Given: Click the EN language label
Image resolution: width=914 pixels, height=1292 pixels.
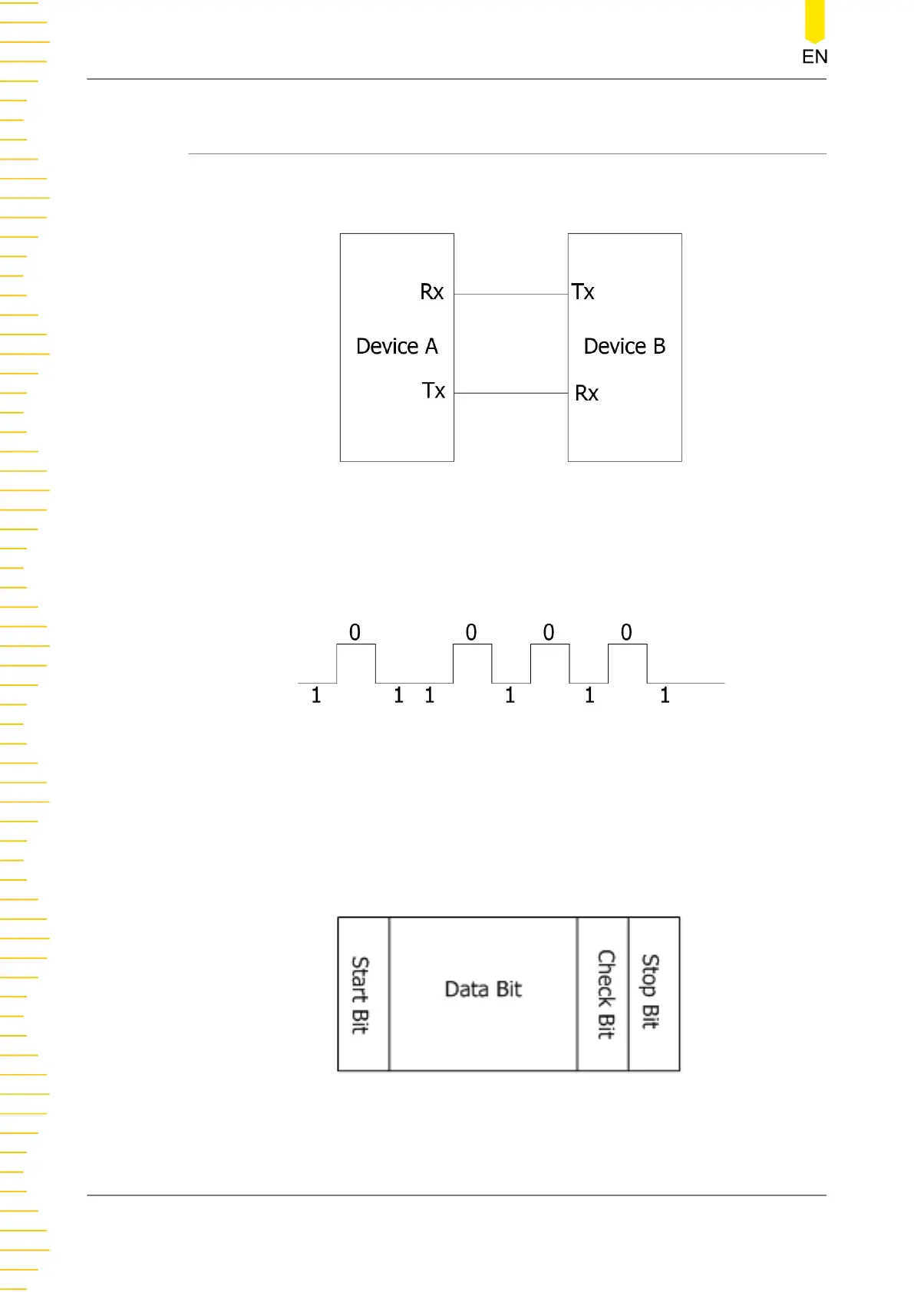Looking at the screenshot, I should tap(814, 57).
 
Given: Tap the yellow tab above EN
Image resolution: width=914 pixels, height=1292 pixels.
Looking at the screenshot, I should tap(814, 21).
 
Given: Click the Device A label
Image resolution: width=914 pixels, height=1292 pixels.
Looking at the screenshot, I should tap(397, 347).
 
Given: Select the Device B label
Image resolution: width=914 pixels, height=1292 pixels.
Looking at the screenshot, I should tap(624, 347).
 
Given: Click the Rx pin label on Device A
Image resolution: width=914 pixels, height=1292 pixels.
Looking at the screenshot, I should tap(432, 292).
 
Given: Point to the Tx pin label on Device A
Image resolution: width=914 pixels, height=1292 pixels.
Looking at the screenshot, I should tap(434, 391).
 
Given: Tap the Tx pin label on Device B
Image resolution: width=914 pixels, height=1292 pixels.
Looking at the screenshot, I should tap(583, 292).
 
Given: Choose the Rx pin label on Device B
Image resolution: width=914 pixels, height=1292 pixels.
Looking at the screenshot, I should tap(586, 394).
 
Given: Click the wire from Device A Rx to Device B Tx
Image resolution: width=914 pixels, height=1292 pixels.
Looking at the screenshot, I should tap(510, 294).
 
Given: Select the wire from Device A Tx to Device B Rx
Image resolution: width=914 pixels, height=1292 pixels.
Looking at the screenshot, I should tap(510, 393).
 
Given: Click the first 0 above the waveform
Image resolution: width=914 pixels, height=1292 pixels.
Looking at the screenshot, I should tap(355, 633).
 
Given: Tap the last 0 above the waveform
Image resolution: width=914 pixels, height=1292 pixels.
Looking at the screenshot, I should tap(626, 633).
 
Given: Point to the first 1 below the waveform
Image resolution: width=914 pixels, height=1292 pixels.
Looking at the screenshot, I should tap(315, 696).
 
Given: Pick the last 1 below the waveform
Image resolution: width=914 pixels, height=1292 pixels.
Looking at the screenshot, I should tap(665, 696).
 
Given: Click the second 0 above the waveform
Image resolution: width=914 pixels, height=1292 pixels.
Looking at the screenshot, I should tap(471, 633).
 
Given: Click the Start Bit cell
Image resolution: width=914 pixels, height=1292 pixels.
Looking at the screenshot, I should tap(362, 994).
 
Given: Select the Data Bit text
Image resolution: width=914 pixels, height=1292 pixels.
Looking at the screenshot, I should tap(483, 990).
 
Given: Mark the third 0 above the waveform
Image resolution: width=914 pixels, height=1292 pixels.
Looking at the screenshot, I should tap(549, 633).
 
